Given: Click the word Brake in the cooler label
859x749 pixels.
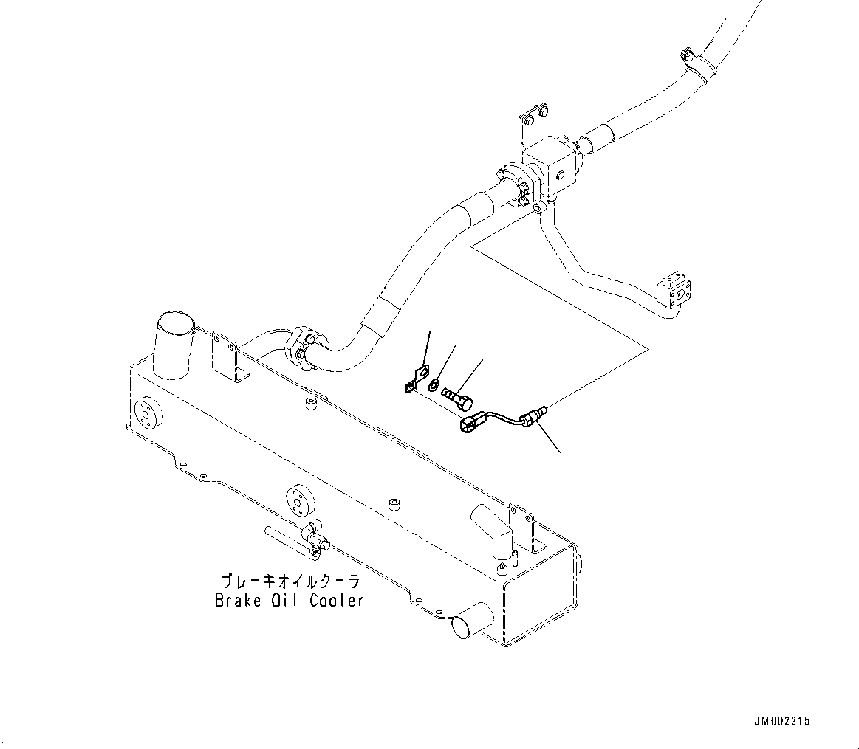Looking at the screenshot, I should (x=234, y=600).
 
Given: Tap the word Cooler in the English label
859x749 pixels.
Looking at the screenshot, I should (x=337, y=600).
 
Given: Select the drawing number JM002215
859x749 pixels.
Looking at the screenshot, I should (x=784, y=721).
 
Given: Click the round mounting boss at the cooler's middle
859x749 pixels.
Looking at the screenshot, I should (x=298, y=501).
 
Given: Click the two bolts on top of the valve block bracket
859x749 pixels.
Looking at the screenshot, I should (x=533, y=116).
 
